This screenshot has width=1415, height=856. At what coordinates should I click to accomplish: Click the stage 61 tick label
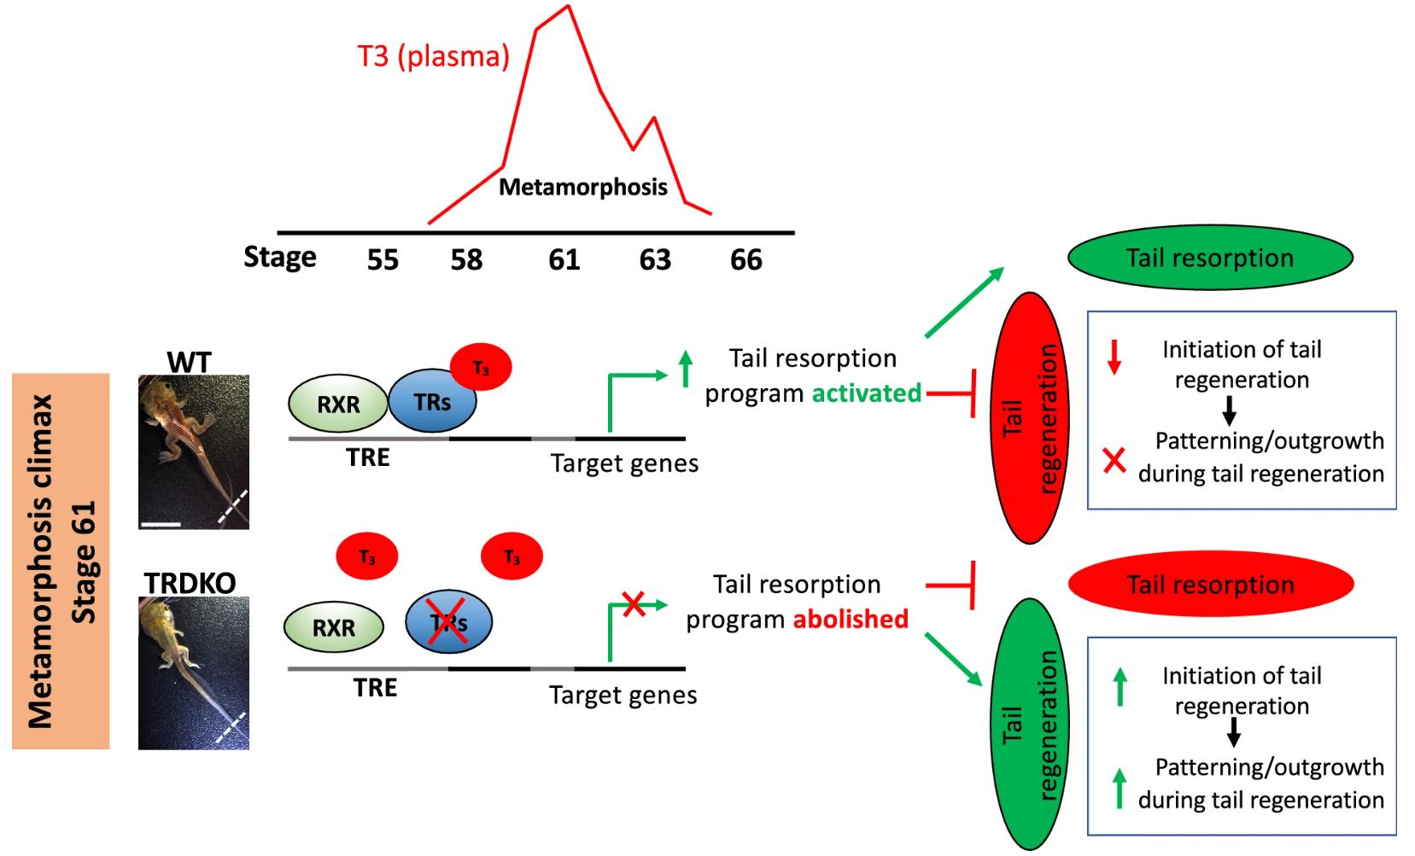(x=564, y=259)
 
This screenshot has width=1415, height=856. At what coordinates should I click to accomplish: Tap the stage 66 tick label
(x=746, y=259)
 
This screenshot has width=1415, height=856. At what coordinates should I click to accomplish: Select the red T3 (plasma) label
(x=433, y=57)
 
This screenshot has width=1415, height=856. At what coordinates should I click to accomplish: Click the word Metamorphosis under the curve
(x=582, y=187)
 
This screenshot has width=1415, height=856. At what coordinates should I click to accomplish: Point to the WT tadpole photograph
(x=194, y=451)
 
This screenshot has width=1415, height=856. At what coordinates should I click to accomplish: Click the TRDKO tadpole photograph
(x=194, y=673)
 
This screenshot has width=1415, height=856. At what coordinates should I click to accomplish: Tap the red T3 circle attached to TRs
(x=481, y=368)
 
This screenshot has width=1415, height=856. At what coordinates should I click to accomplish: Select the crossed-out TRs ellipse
(x=448, y=623)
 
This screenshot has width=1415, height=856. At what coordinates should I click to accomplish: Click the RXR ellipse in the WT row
(x=338, y=403)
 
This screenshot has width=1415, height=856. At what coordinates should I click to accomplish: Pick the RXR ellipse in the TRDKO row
(x=333, y=627)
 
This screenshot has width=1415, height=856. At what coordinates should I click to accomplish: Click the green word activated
(x=866, y=393)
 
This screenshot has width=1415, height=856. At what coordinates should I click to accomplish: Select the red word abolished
(x=851, y=619)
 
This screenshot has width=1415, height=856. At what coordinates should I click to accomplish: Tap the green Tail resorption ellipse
(x=1210, y=258)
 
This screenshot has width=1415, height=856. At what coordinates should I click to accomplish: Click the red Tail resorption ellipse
(x=1210, y=585)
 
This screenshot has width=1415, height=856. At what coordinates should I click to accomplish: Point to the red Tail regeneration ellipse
(x=1029, y=418)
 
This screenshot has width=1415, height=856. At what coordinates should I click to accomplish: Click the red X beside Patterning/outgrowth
(x=1114, y=462)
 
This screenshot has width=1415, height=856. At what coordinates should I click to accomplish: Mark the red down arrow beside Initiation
(x=1114, y=357)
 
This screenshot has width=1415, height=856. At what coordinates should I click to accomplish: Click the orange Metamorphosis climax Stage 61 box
(x=61, y=561)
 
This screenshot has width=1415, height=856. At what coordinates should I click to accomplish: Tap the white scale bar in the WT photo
(x=161, y=522)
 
